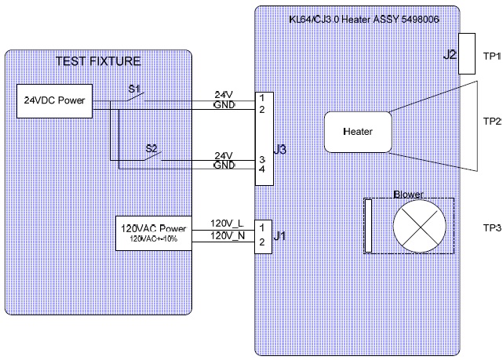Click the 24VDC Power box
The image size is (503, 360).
point(53,100)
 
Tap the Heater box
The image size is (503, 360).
point(358,132)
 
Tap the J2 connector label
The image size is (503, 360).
point(450,55)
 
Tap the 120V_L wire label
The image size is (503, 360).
point(226,224)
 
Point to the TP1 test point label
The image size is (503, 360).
point(492,56)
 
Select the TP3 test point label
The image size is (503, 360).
point(492,228)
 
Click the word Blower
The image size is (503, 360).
point(408,194)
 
